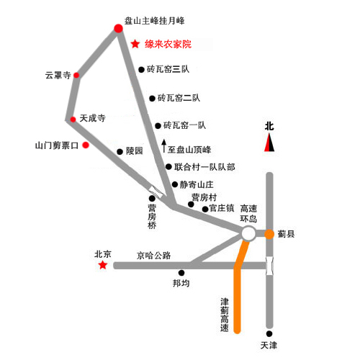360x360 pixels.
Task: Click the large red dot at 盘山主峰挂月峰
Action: pos(118,28)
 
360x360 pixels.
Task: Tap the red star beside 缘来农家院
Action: pos(135,44)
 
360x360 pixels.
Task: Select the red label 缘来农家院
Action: pos(168,44)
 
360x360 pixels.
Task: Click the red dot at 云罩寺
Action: pos(76,75)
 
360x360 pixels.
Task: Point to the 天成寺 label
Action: pos(92,118)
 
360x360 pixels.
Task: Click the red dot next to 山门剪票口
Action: pos(86,145)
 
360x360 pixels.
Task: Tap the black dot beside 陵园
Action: pos(120,152)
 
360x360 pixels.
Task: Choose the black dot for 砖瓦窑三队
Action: pos(141,70)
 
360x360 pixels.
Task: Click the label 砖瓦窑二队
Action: pos(179,98)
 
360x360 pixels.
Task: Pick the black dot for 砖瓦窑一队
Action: pos(158,126)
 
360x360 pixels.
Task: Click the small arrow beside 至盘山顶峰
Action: pos(164,145)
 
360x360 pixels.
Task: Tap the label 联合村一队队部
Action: pos(204,167)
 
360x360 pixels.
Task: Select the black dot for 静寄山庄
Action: pos(175,184)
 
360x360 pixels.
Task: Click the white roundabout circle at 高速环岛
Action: pos(248,233)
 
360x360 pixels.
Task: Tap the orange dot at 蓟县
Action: pos(269,234)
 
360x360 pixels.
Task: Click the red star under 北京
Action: pos(103,265)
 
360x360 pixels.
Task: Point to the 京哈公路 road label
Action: pos(153,256)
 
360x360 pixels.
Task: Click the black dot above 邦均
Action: pos(181,273)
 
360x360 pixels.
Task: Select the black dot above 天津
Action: pos(269,333)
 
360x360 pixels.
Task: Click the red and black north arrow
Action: pos(269,143)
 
